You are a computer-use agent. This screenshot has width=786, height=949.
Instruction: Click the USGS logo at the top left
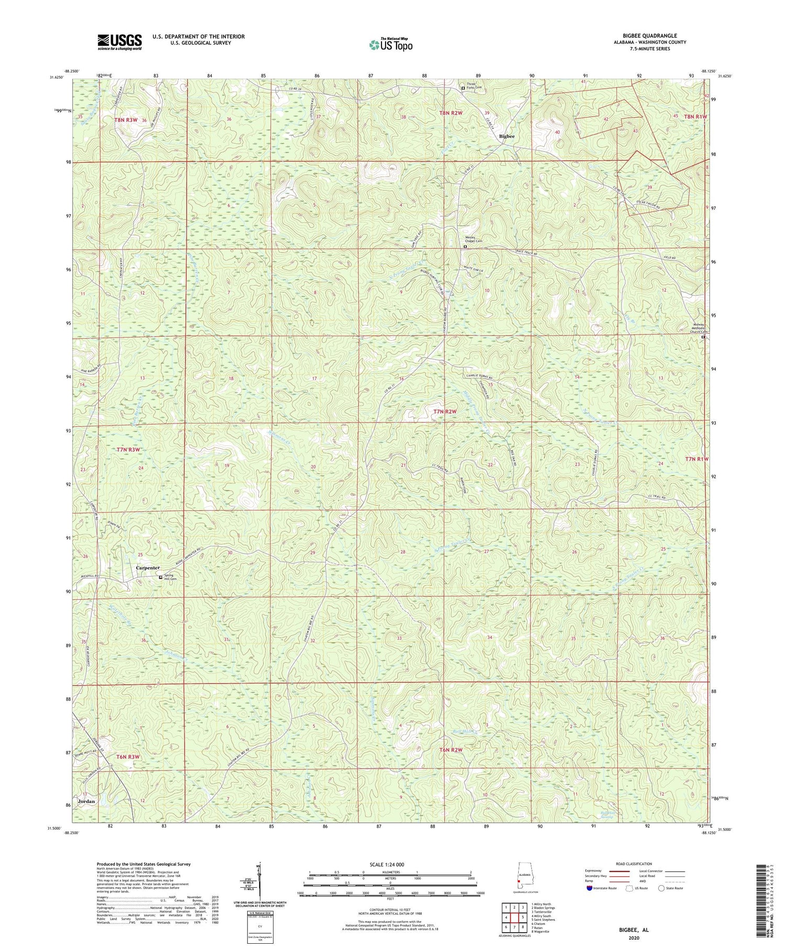pos(119,42)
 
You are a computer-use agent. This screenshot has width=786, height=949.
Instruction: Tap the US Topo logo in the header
pos(390,44)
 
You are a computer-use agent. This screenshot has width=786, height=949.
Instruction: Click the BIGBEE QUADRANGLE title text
pos(647,36)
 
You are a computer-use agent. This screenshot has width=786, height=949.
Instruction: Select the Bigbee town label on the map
pos(507,136)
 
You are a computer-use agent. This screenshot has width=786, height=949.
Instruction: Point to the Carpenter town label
pos(148,567)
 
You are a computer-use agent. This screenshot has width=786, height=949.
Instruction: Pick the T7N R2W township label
pos(445,412)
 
